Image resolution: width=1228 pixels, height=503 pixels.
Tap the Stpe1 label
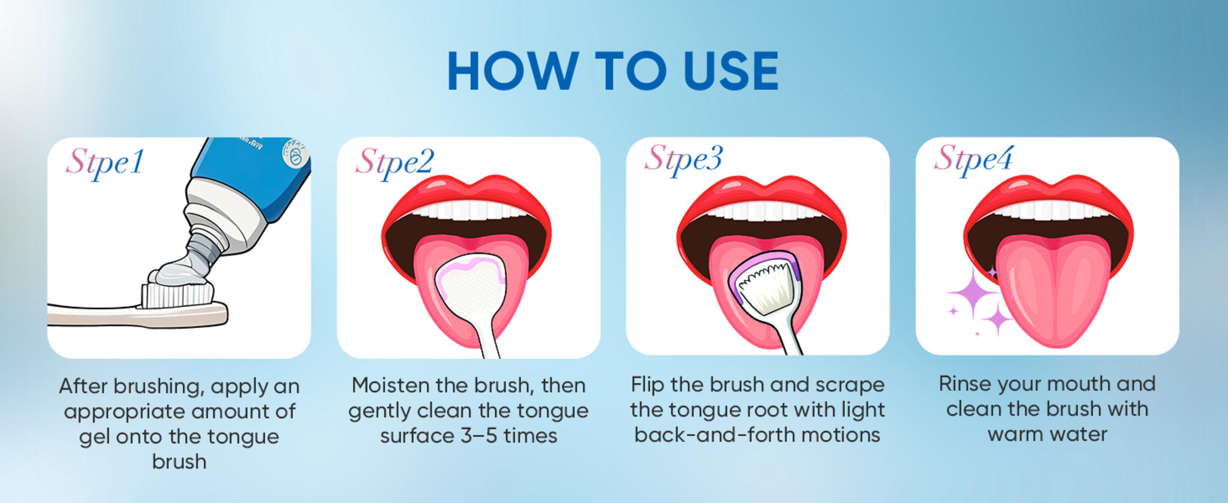(x=105, y=162)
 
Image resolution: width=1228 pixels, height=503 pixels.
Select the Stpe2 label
(x=394, y=162)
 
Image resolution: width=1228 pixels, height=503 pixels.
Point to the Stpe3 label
(x=684, y=159)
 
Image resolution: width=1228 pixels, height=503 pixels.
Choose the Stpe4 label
(x=973, y=159)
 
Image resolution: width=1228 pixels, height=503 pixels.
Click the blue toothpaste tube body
(x=252, y=168)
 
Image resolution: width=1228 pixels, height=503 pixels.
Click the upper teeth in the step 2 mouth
(x=468, y=210)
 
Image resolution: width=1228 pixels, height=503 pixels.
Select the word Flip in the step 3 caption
(x=648, y=384)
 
